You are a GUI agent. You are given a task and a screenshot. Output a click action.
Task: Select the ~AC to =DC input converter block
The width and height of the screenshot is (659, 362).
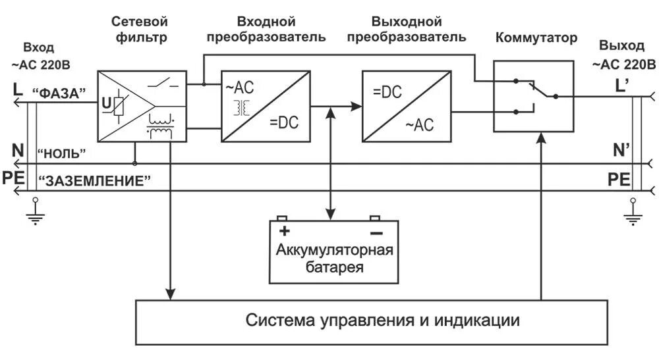coord(266,105)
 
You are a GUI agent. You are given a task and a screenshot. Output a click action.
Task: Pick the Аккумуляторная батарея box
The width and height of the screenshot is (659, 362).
coord(334,250)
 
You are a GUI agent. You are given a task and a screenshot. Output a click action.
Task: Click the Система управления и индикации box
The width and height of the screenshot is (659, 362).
coord(371,321)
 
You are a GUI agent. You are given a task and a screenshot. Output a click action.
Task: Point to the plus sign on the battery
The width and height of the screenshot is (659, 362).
coord(285,232)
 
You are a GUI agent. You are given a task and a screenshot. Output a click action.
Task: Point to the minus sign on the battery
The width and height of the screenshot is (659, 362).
coord(376,232)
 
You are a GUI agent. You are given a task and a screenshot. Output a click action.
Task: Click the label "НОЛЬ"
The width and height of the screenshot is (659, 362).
coord(62,153)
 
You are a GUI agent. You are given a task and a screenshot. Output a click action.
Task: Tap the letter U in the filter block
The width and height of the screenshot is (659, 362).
coord(105,103)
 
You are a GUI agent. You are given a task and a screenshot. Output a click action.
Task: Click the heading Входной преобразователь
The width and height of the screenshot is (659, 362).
coord(266,30)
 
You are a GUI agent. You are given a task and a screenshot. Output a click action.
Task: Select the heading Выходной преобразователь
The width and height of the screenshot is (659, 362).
coord(407,30)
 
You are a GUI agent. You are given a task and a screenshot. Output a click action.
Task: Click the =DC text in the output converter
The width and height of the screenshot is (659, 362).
coord(387,93)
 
